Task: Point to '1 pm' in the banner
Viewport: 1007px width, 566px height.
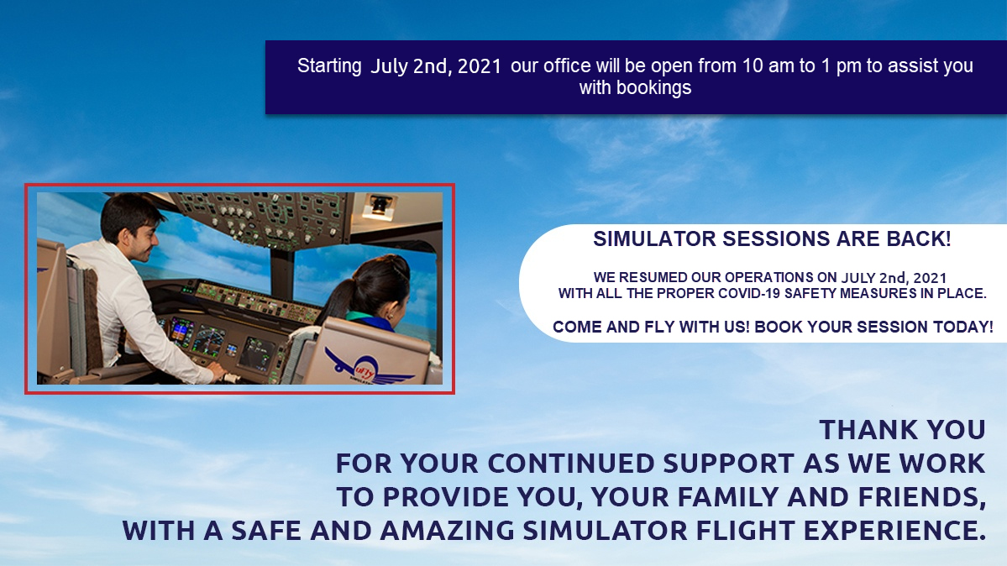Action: (841, 66)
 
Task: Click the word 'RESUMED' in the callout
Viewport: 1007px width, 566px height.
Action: (655, 277)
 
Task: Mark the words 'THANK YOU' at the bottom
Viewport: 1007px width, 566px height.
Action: (902, 430)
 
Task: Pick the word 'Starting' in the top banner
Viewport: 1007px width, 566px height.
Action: (329, 66)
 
